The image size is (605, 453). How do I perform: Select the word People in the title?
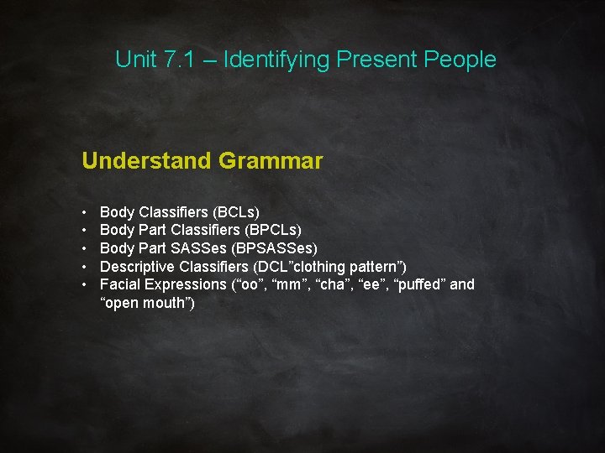(x=460, y=60)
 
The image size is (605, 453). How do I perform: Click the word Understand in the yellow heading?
(x=146, y=160)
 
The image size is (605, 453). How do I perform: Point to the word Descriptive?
(x=137, y=266)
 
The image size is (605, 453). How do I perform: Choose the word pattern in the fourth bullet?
(x=377, y=266)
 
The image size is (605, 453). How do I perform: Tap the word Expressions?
(x=187, y=284)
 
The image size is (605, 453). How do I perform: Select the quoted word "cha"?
(x=336, y=284)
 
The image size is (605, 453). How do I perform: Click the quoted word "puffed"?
(x=418, y=284)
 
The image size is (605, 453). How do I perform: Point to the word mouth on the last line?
(x=166, y=303)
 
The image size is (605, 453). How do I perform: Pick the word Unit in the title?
(x=135, y=60)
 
